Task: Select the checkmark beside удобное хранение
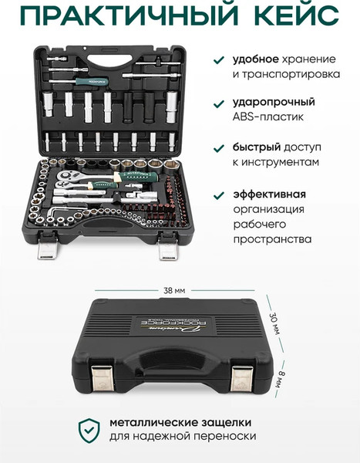coord(219,59)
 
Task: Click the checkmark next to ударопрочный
coord(219,103)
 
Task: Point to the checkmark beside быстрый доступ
coord(219,148)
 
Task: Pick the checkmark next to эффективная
coord(219,195)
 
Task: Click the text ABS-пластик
coord(268,117)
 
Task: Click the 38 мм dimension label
coord(174,291)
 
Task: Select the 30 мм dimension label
coord(274,323)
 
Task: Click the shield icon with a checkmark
coord(89,431)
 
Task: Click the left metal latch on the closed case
coord(102,378)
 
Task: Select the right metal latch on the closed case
coord(241,379)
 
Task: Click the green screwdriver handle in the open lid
coord(92,82)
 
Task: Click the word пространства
coord(272,239)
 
